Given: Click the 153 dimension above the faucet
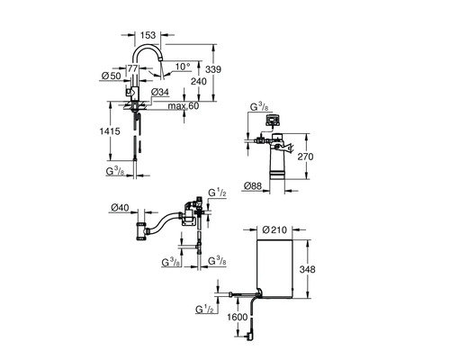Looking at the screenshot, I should [149, 35].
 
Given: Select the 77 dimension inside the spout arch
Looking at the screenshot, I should [132, 67].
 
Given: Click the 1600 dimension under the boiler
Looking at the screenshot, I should [238, 317].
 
